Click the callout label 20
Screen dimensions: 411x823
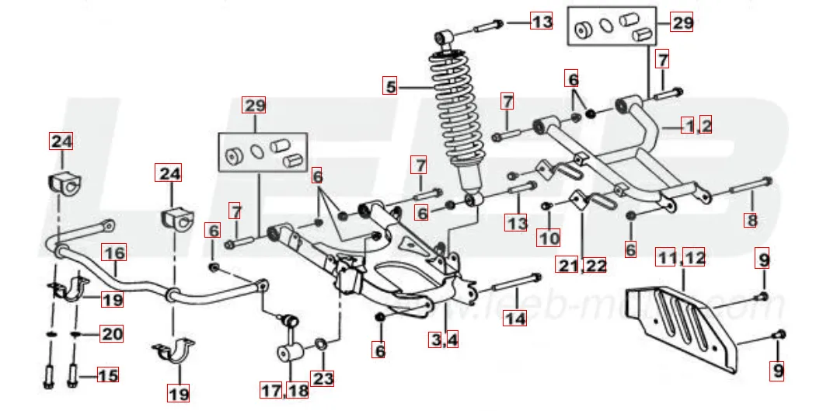click(113, 334)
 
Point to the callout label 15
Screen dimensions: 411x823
click(108, 375)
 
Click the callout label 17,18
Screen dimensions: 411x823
click(285, 391)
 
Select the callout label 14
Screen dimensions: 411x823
click(514, 317)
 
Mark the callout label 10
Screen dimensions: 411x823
click(549, 238)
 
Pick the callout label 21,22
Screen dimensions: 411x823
click(581, 265)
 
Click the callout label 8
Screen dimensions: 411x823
click(751, 220)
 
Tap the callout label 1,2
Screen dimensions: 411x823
click(697, 124)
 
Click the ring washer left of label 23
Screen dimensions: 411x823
click(320, 344)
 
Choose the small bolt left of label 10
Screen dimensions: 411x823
click(547, 205)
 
